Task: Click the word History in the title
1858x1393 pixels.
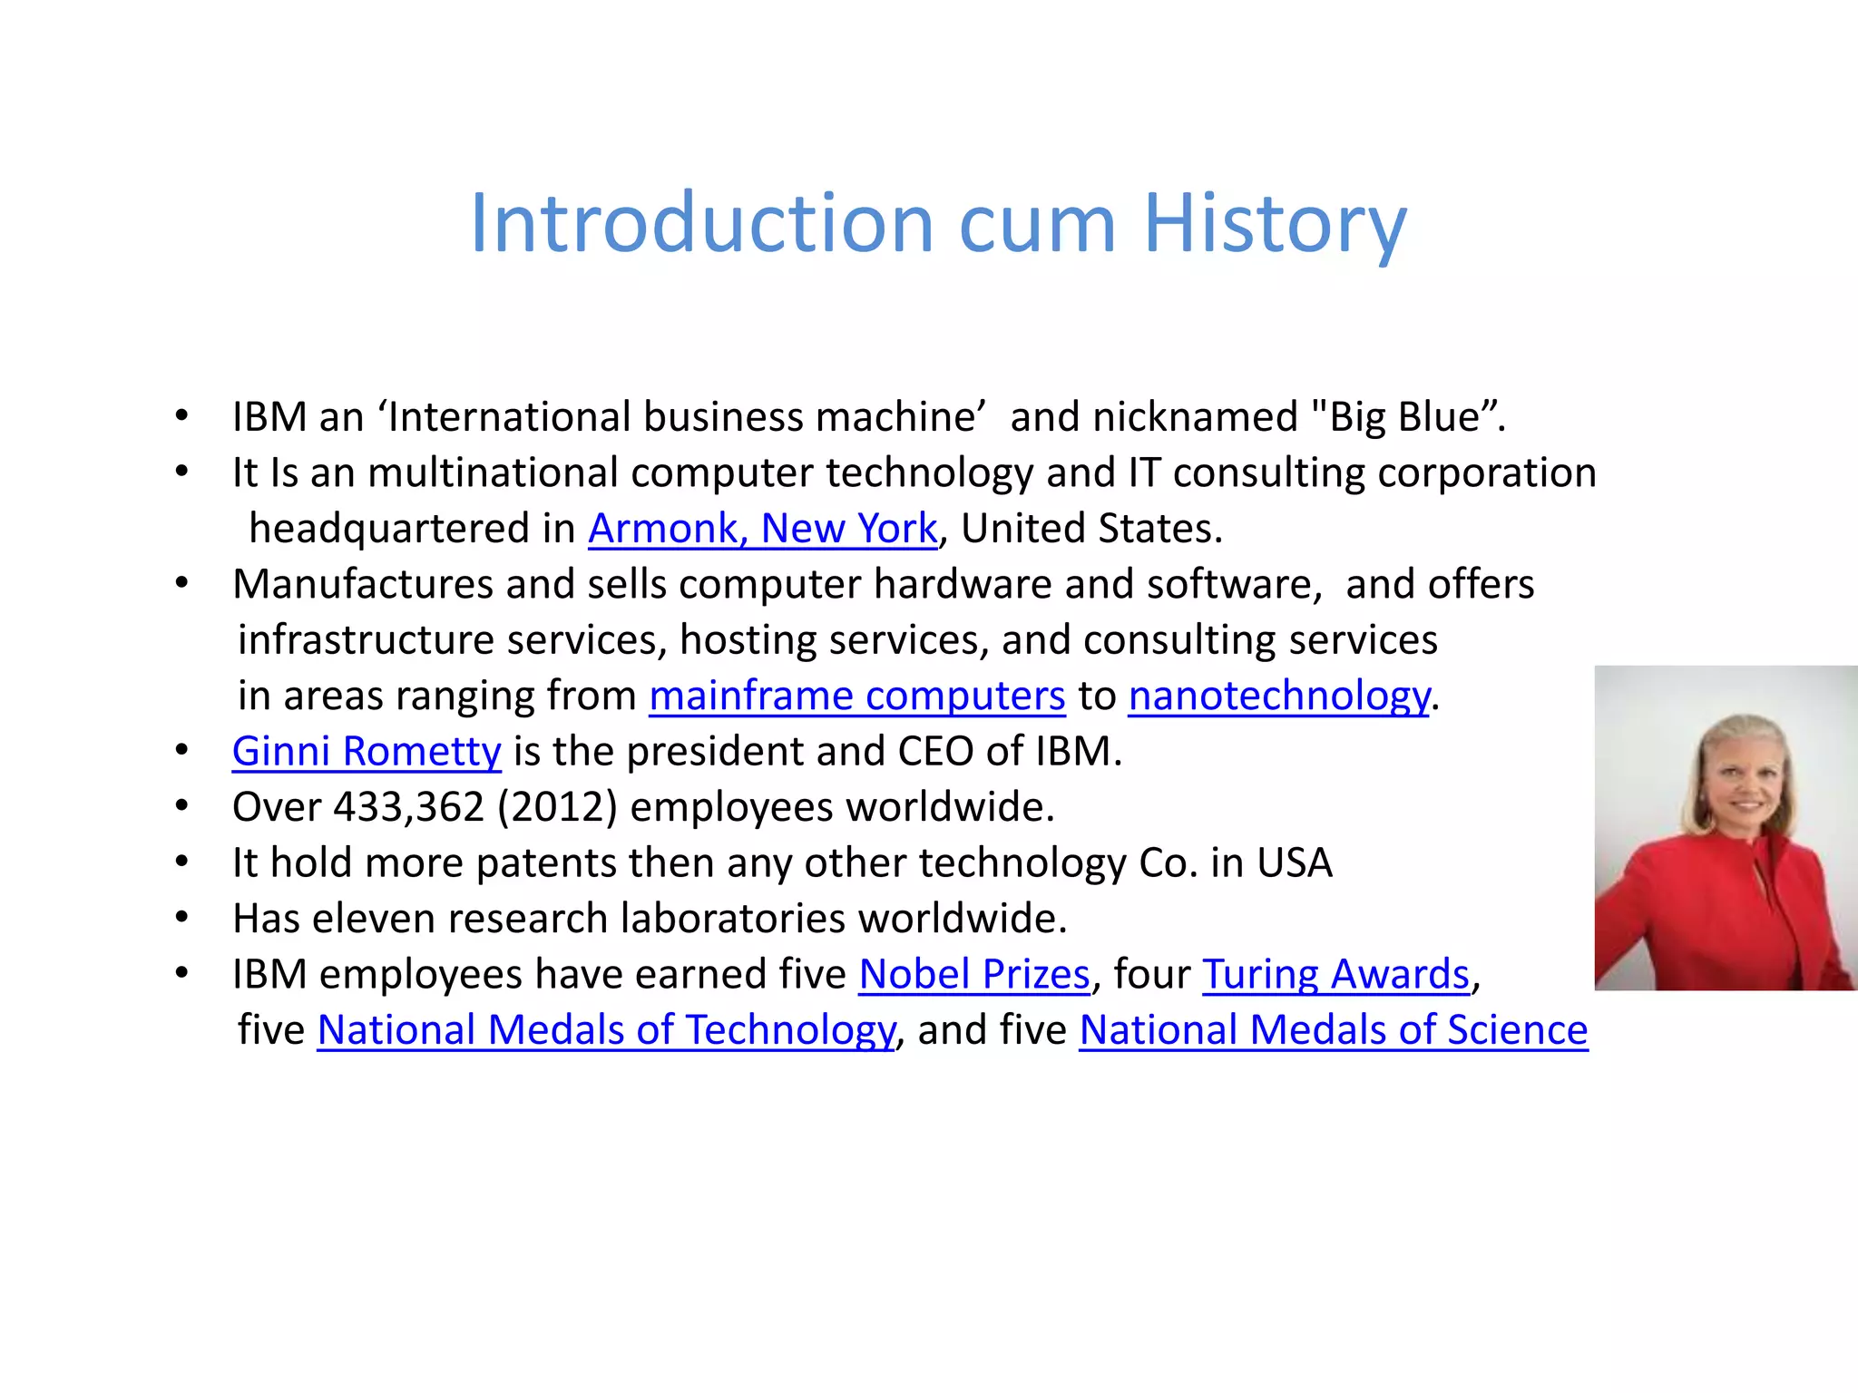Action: [x=1275, y=224]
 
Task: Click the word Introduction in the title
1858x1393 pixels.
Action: [x=701, y=224]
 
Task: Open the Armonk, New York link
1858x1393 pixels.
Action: [x=762, y=529]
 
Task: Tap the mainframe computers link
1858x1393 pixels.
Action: [x=856, y=696]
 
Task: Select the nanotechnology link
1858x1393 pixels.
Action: [x=1279, y=696]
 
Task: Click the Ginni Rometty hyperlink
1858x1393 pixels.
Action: [x=367, y=752]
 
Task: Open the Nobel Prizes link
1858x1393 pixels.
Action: [x=973, y=975]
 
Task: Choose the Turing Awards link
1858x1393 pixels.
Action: [x=1335, y=975]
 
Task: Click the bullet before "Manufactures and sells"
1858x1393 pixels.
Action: [x=181, y=583]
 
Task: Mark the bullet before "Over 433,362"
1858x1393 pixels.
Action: [x=181, y=806]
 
